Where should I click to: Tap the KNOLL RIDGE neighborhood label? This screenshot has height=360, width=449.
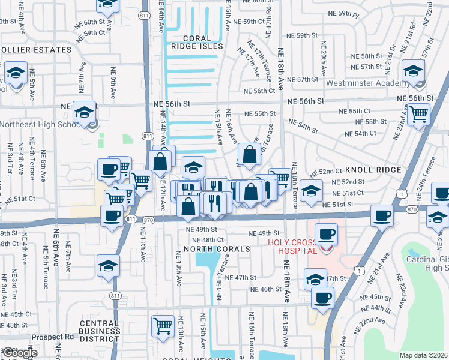tap(373, 170)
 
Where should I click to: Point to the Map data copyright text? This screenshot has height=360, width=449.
tap(423, 355)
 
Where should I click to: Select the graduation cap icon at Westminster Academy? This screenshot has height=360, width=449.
tap(414, 72)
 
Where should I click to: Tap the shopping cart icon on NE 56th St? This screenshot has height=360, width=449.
tap(418, 113)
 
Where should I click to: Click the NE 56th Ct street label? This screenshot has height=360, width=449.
tap(259, 91)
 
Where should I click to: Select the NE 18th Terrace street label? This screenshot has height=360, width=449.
tap(295, 186)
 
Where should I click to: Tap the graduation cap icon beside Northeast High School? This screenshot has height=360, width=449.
tap(85, 112)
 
